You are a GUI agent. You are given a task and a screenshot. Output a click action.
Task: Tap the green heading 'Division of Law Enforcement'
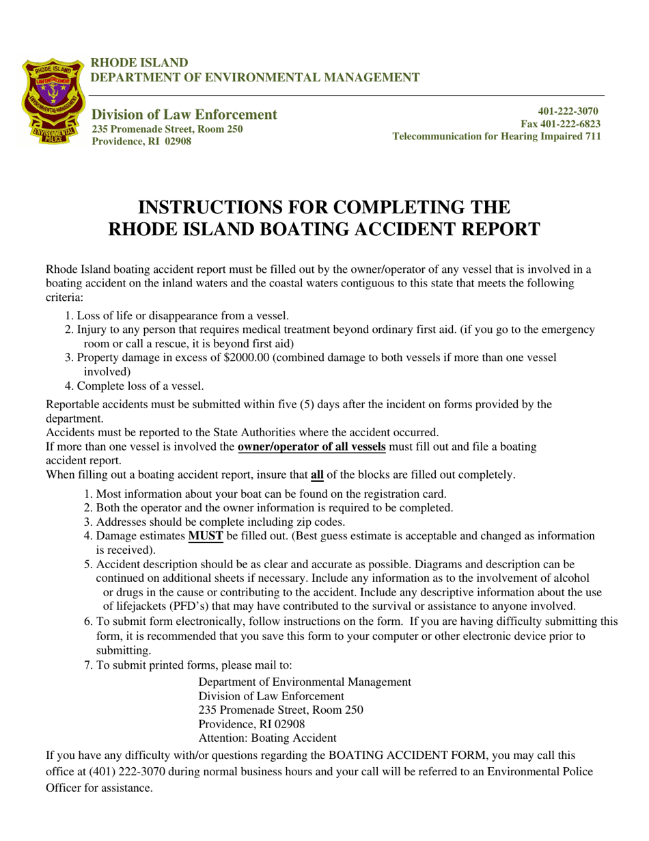pos(184,114)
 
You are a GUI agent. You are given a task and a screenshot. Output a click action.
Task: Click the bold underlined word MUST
pos(206,536)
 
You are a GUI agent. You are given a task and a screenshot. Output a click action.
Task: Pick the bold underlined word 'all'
pos(317,475)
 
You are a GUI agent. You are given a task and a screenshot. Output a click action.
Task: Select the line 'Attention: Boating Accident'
pos(267,738)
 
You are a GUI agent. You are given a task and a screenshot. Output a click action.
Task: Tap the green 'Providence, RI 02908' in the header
pos(141,142)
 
